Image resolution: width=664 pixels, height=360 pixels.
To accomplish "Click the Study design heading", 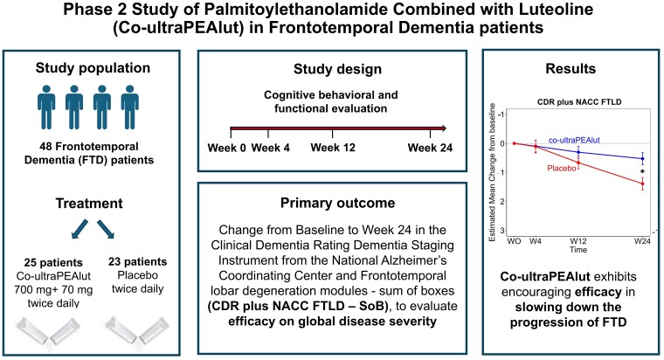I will point(331,71).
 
